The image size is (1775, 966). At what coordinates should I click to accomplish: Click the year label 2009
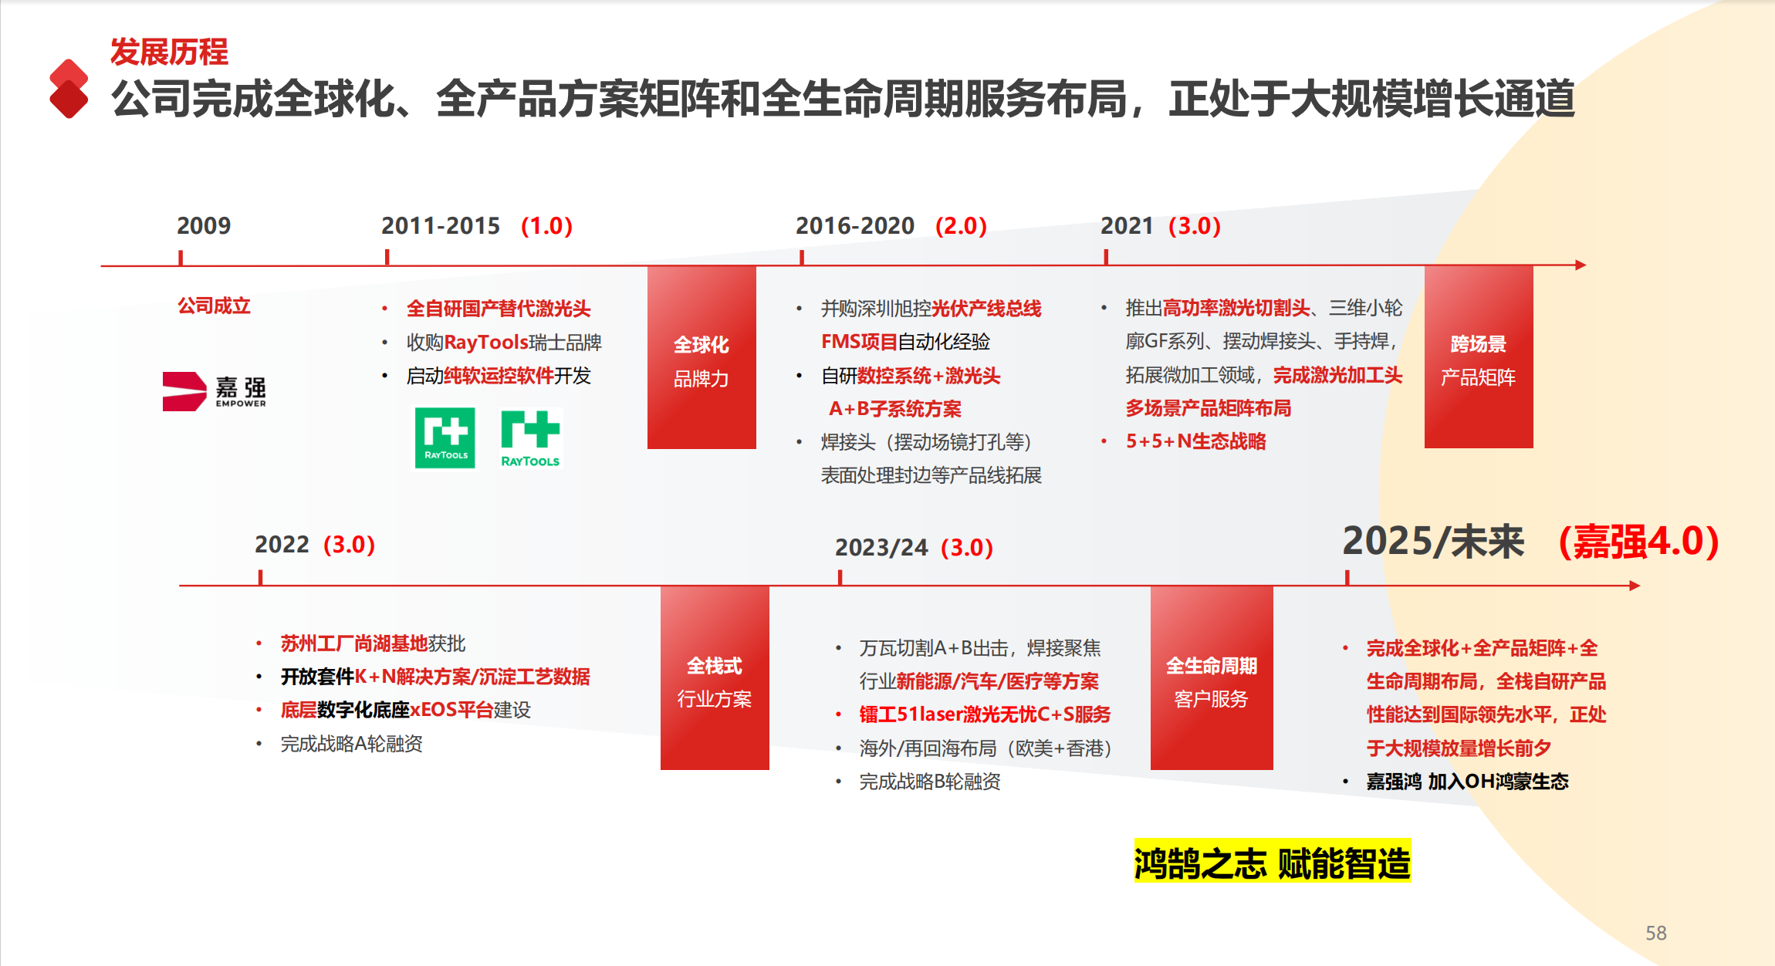(x=204, y=226)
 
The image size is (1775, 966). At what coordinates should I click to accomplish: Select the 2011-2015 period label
(x=441, y=226)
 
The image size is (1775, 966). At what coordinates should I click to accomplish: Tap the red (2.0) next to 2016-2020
(x=961, y=226)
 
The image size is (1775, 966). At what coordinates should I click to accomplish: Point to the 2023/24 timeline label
(x=881, y=547)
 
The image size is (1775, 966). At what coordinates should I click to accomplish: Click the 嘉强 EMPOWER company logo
(x=215, y=391)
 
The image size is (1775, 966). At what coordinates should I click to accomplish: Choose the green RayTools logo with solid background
(x=445, y=437)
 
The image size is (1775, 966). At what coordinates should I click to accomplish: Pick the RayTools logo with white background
(x=530, y=438)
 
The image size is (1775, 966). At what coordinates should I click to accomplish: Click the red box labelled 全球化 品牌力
(x=702, y=357)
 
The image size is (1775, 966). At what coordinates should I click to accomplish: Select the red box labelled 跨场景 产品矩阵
(x=1479, y=356)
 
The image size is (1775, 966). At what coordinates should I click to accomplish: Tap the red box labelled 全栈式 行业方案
(x=715, y=678)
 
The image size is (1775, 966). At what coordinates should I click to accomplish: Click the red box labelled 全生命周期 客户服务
(x=1212, y=678)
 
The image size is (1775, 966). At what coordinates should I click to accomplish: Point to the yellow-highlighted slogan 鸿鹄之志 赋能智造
(x=1273, y=861)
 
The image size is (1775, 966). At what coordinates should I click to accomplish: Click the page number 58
(x=1656, y=933)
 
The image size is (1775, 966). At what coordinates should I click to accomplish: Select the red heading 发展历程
(x=169, y=52)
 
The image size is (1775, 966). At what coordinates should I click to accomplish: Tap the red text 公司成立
(x=215, y=306)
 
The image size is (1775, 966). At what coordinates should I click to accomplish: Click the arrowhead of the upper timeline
(x=1581, y=265)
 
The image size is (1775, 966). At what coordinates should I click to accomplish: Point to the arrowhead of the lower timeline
(x=1635, y=586)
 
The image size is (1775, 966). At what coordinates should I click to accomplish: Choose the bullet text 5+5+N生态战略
(x=1196, y=441)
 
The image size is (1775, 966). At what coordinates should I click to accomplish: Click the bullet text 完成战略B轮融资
(x=930, y=782)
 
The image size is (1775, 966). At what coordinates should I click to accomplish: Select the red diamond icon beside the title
(x=69, y=89)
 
